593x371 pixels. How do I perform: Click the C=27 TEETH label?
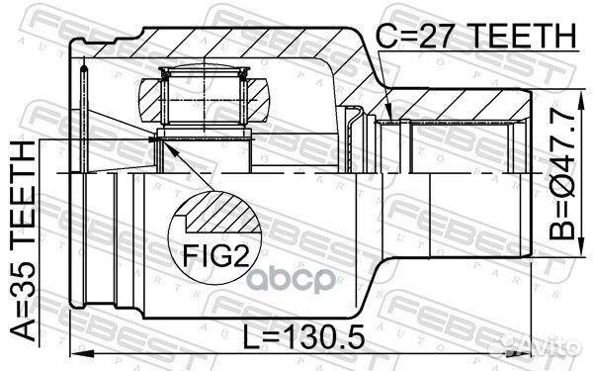pyautogui.click(x=475, y=36)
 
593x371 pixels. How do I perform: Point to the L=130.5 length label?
pyautogui.click(x=303, y=337)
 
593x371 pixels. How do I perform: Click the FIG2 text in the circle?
pyautogui.click(x=215, y=255)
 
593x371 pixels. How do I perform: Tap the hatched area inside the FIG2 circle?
pyautogui.click(x=223, y=213)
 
